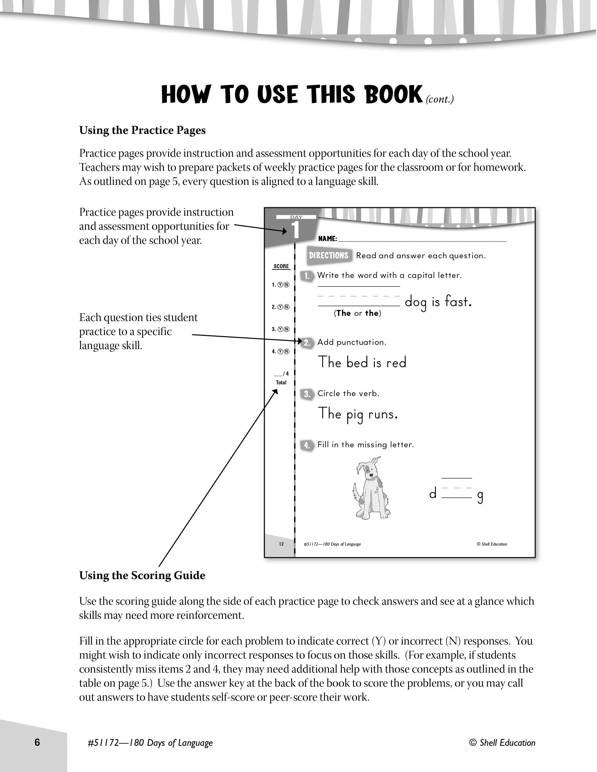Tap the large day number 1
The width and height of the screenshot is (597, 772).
296,230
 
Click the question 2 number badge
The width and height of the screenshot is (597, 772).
307,342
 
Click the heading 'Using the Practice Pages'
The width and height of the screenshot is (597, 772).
142,131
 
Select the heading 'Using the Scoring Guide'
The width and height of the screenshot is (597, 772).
142,575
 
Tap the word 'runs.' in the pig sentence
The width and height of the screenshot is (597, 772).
383,414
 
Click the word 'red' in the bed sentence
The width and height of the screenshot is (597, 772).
396,362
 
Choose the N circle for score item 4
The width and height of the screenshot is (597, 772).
287,351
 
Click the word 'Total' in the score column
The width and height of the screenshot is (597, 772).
281,382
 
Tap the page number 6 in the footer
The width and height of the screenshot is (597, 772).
37,742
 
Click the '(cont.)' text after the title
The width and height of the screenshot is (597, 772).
440,99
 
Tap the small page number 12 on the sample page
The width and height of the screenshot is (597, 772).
281,544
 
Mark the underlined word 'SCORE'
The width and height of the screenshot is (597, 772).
281,266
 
